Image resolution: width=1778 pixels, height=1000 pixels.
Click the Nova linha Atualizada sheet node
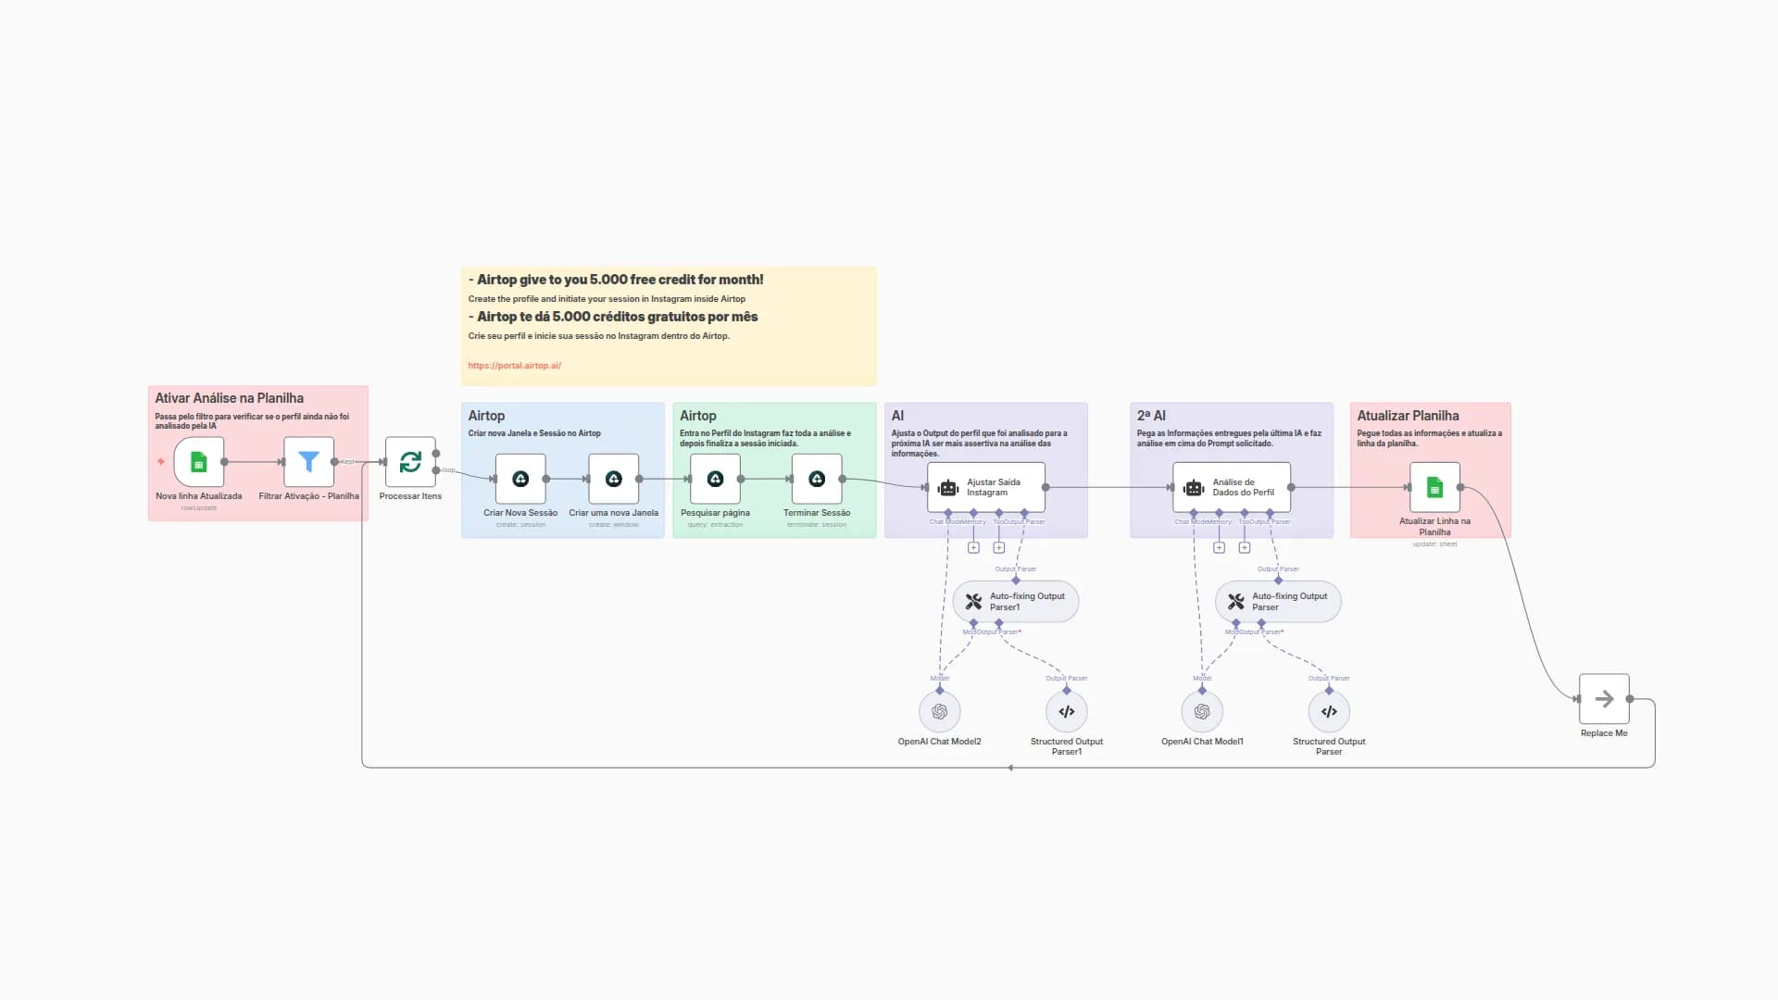coord(198,462)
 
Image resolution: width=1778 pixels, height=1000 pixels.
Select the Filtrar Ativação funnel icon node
coord(308,462)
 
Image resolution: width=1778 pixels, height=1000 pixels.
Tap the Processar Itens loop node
coord(410,462)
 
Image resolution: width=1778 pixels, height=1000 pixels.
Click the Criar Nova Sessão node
coord(520,479)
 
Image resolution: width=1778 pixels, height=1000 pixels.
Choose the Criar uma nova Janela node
coord(613,479)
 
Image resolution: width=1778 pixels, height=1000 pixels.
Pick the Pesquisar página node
coord(715,479)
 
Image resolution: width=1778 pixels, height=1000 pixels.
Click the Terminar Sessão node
coord(817,479)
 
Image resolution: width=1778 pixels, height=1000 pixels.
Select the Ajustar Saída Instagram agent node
coord(986,487)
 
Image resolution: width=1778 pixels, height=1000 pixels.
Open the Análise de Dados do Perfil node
coord(1232,487)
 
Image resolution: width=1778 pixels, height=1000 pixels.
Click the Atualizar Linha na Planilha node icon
coord(1434,487)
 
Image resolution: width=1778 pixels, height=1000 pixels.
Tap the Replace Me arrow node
coord(1604,699)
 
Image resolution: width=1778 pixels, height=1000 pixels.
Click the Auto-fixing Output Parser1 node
coord(1016,602)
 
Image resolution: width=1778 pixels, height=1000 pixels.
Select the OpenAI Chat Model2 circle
coord(939,712)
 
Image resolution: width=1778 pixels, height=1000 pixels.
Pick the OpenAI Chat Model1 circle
coord(1202,712)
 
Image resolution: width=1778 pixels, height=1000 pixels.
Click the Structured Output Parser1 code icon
coord(1067,712)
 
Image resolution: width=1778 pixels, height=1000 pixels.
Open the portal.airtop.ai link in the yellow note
coord(514,366)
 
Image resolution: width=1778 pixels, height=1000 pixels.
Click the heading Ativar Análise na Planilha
coord(229,398)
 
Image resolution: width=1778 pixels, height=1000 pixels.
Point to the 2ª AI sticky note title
coord(1151,416)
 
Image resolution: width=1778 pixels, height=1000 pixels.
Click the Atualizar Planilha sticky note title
coord(1408,416)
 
